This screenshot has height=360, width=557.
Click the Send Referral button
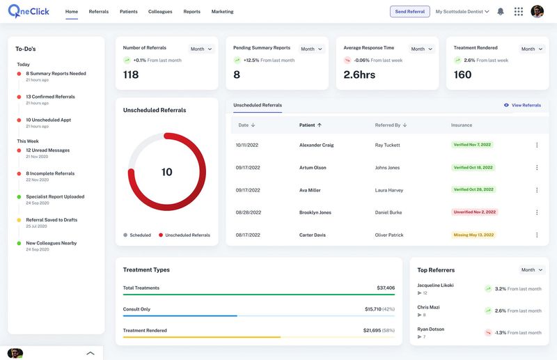[409, 12]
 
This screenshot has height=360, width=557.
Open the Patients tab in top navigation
[128, 12]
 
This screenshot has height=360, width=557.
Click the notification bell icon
[500, 12]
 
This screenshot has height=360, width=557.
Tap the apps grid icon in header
[519, 12]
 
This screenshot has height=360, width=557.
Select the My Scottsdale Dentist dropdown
[462, 12]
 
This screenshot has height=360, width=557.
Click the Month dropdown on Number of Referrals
[201, 49]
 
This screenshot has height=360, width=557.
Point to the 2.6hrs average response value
[359, 75]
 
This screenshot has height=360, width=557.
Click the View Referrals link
[522, 105]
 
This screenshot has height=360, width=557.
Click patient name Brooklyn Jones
[315, 212]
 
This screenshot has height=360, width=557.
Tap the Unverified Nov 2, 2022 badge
[475, 212]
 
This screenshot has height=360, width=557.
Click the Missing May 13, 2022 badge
[473, 235]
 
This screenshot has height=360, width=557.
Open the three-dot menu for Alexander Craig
[537, 145]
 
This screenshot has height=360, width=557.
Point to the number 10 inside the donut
[167, 172]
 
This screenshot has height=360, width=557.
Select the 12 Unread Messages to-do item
[47, 150]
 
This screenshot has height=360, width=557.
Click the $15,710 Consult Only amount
[372, 309]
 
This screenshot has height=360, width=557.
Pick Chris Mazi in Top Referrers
[428, 307]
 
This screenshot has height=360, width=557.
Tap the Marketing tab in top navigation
[222, 12]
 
